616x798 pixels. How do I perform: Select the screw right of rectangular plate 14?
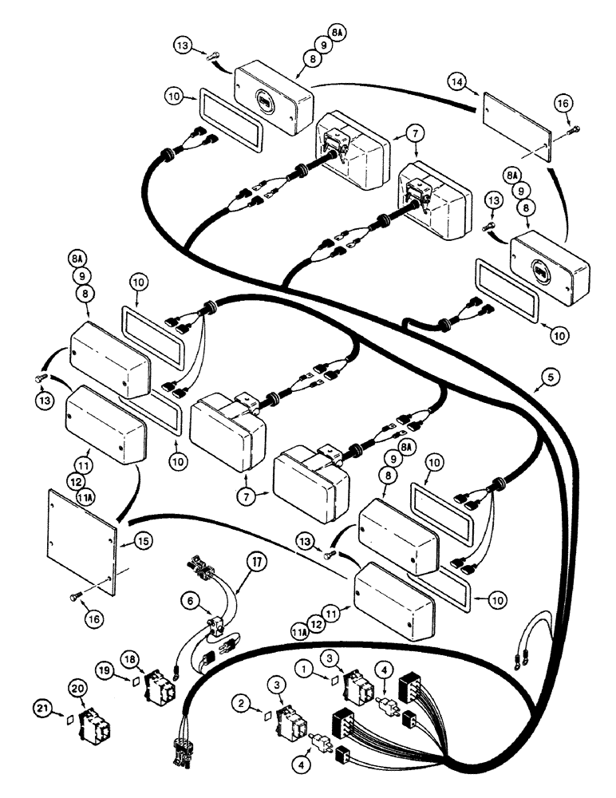[573, 128]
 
